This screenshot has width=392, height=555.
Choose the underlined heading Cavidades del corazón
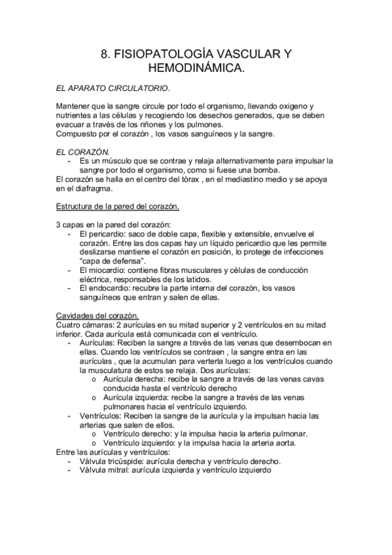pos(97,314)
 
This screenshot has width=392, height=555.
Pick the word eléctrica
pos(96,279)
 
